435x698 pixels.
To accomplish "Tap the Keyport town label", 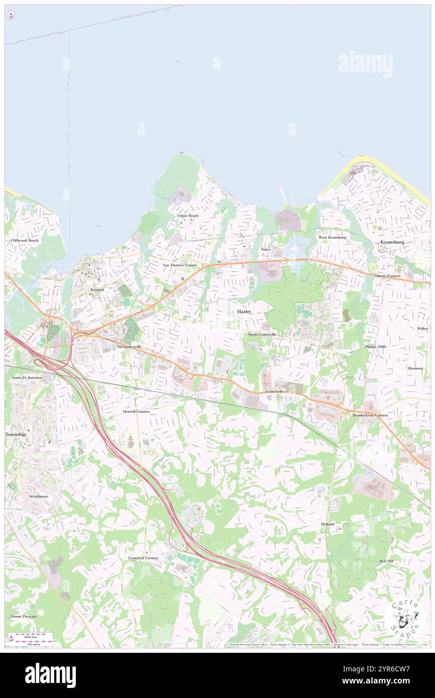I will pyautogui.click(x=97, y=290).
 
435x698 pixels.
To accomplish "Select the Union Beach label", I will pyautogui.click(x=187, y=215).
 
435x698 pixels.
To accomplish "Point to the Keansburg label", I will pyautogui.click(x=392, y=242).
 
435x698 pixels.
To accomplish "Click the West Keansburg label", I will pyautogui.click(x=332, y=237).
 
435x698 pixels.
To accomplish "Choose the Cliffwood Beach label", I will pyautogui.click(x=25, y=241).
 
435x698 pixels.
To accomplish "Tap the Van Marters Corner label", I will pyautogui.click(x=179, y=265).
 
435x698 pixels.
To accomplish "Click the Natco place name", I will pyautogui.click(x=266, y=250).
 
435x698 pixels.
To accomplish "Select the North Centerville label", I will pyautogui.click(x=262, y=334).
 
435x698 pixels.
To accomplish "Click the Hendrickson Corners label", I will pyautogui.click(x=370, y=416).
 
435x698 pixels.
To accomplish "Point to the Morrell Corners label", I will pyautogui.click(x=136, y=411).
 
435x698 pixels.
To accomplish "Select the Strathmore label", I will pyautogui.click(x=38, y=496).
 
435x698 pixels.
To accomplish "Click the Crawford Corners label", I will pyautogui.click(x=143, y=558).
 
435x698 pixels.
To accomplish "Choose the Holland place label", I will pyautogui.click(x=328, y=524).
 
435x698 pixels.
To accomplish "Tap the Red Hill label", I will pyautogui.click(x=386, y=560).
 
